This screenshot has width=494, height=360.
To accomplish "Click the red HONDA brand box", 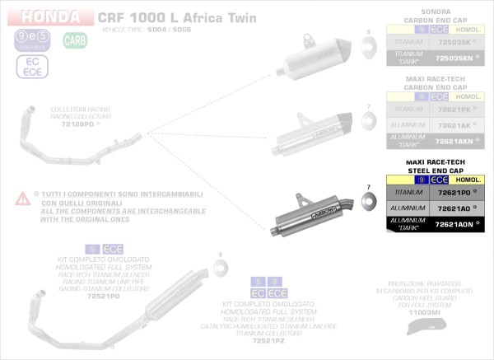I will (x=51, y=16).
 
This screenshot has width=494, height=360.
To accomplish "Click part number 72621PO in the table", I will (x=454, y=193).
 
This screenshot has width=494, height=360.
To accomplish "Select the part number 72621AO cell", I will (x=454, y=208).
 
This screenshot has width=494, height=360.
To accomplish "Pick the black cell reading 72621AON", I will (x=454, y=225).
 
